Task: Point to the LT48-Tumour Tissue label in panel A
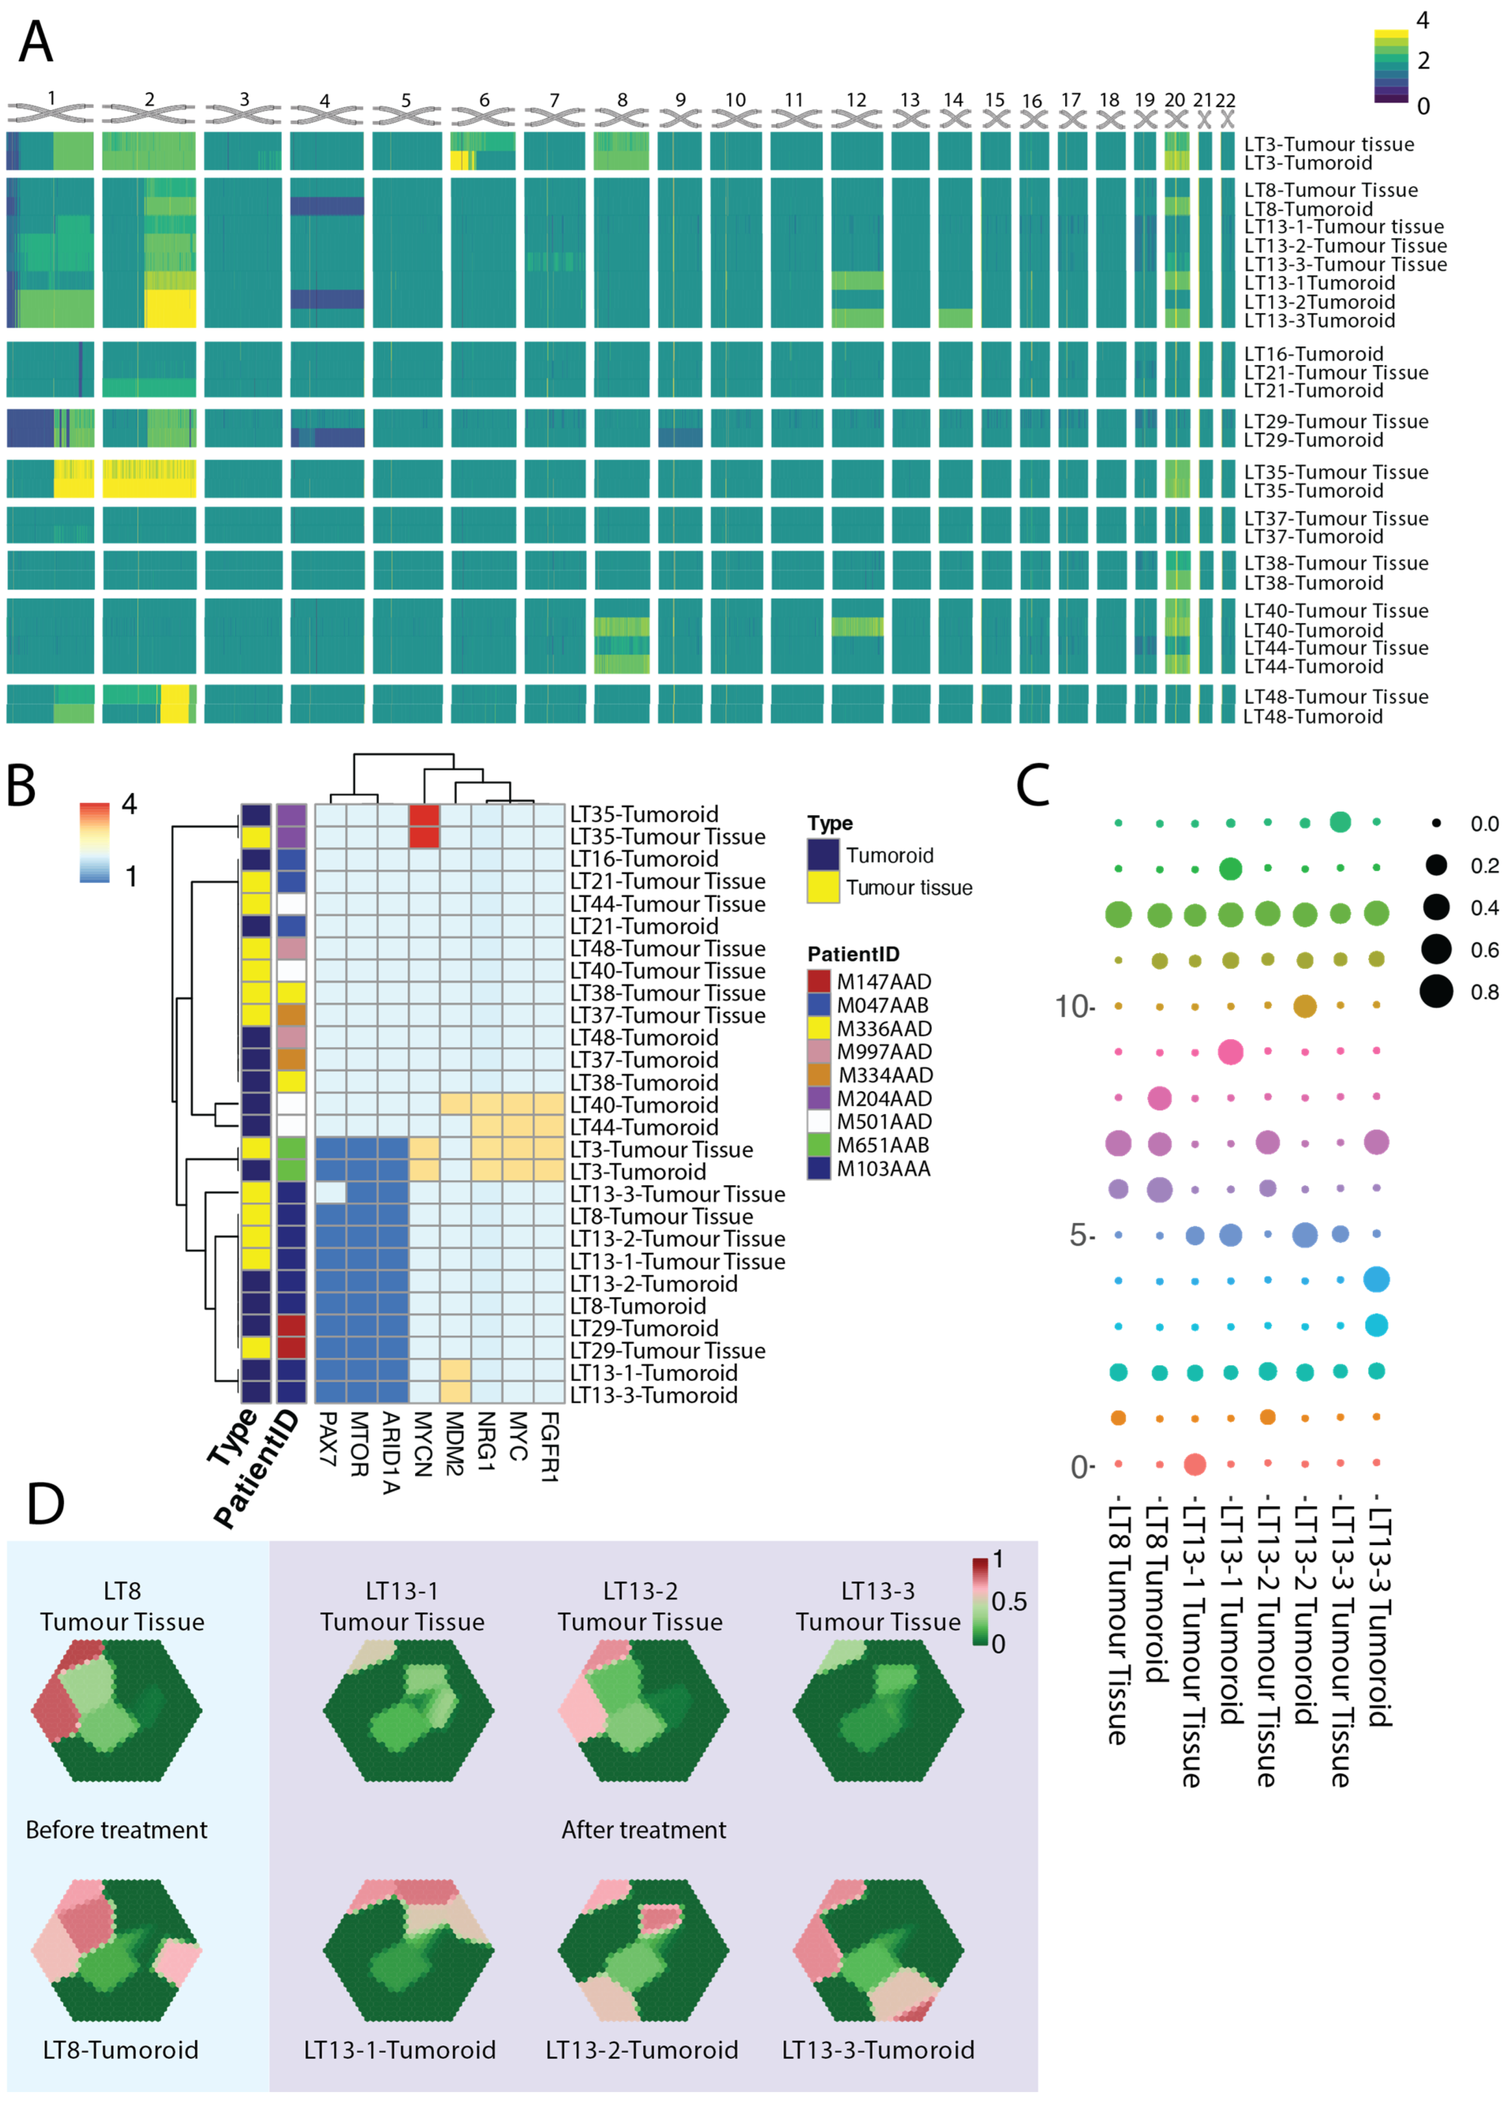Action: (x=1336, y=697)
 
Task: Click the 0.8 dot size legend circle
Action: (x=1437, y=992)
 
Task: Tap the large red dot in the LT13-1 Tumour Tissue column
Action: (x=1195, y=1465)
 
